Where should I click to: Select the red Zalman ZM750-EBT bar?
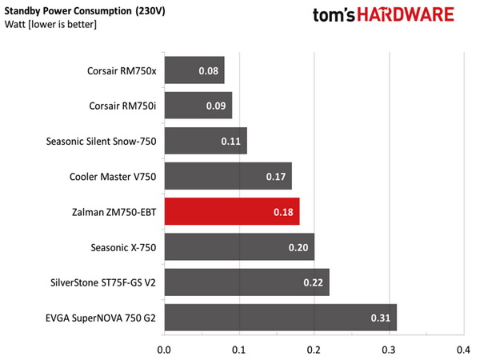coord(232,212)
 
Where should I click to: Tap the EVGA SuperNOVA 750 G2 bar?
coord(280,318)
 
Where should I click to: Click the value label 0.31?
coord(381,318)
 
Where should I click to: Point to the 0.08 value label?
coord(208,70)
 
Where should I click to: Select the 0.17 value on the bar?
coord(276,177)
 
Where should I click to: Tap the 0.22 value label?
coord(314,282)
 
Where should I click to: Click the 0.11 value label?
coord(231,142)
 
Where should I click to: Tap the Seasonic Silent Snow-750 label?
coord(102,142)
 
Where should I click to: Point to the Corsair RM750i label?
coord(122,106)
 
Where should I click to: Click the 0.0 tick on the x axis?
coord(164,350)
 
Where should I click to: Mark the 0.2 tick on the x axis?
coord(314,350)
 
